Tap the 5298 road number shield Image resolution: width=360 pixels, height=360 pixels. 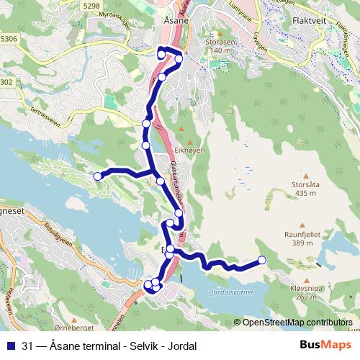coord(91,6)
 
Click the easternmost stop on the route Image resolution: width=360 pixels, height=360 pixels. coord(261,260)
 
